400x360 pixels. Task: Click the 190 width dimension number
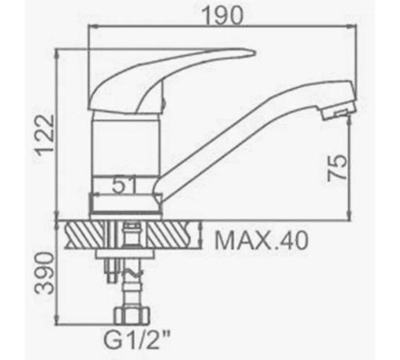222,16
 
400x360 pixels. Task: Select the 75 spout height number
338,168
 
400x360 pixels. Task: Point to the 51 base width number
124,185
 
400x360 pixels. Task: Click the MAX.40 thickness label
262,241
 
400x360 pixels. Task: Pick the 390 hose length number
45,273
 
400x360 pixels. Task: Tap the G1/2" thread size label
137,339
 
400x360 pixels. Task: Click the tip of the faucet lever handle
254,53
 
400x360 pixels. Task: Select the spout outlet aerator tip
338,114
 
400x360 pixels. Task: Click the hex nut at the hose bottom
132,316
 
